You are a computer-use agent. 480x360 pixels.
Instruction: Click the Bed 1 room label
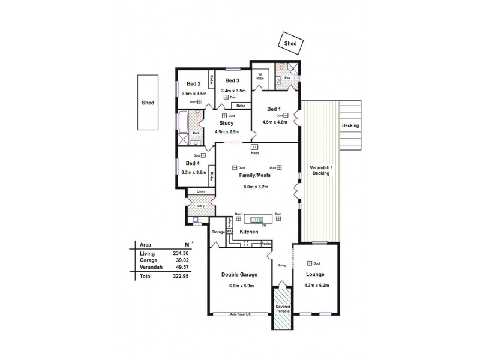(275, 109)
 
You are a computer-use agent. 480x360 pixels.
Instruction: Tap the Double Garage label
(239, 274)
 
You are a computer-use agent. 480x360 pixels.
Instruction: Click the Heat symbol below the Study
(254, 147)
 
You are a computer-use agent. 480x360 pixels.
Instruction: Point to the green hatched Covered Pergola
(281, 308)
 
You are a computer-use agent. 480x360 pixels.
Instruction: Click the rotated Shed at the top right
(291, 43)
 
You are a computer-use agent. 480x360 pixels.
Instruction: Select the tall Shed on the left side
(148, 102)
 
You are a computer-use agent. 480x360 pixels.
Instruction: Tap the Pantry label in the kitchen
(266, 244)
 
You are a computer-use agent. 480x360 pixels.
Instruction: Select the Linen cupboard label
(200, 192)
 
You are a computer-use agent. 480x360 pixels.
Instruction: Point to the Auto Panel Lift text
(240, 314)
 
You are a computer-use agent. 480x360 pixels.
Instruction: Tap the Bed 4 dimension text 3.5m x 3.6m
(194, 172)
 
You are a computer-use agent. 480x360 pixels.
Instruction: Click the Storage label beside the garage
(218, 232)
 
